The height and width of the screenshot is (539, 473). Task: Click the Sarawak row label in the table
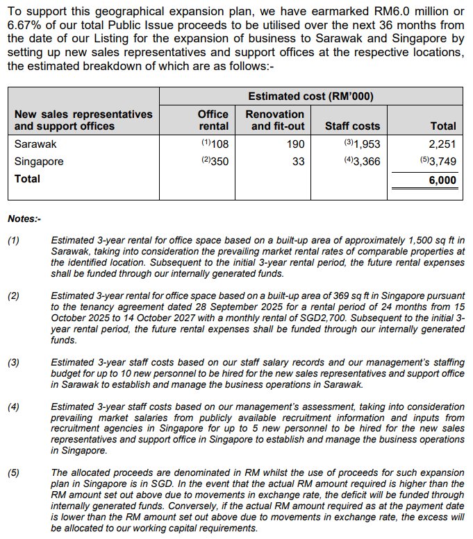(35, 144)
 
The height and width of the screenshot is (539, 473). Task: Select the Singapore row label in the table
(39, 161)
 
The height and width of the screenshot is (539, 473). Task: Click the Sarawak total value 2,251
(442, 144)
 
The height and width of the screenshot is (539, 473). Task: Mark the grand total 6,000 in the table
(442, 180)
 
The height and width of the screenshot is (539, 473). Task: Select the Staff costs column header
(353, 126)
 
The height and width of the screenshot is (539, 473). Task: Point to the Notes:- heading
(24, 219)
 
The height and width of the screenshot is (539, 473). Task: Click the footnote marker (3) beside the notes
(14, 362)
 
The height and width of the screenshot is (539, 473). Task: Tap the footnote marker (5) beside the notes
(14, 473)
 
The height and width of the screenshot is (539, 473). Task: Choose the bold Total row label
(27, 178)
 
